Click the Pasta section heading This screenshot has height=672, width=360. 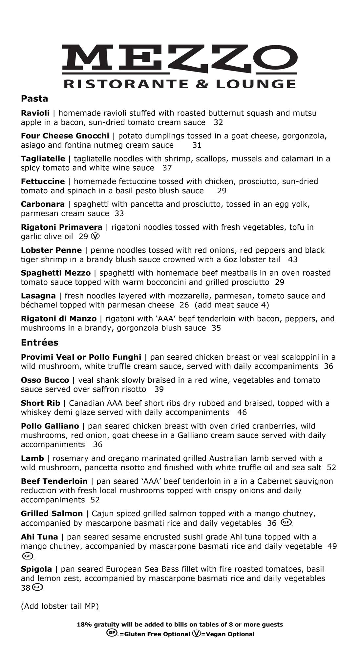point(34,98)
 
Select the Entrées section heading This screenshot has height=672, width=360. point(39,343)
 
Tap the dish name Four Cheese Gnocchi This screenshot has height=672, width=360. point(65,136)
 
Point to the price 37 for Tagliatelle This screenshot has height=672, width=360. point(167,168)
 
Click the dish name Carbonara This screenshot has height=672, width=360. point(43,204)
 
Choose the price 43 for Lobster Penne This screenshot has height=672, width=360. point(293,260)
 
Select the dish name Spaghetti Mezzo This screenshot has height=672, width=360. point(56,273)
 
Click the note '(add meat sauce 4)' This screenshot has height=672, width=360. point(232,305)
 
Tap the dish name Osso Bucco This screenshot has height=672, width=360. point(45,380)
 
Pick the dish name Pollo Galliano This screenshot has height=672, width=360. point(50,426)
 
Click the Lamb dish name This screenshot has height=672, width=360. point(32,458)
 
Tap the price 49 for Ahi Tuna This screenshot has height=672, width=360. point(332,546)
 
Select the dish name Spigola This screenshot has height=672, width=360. point(36,569)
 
